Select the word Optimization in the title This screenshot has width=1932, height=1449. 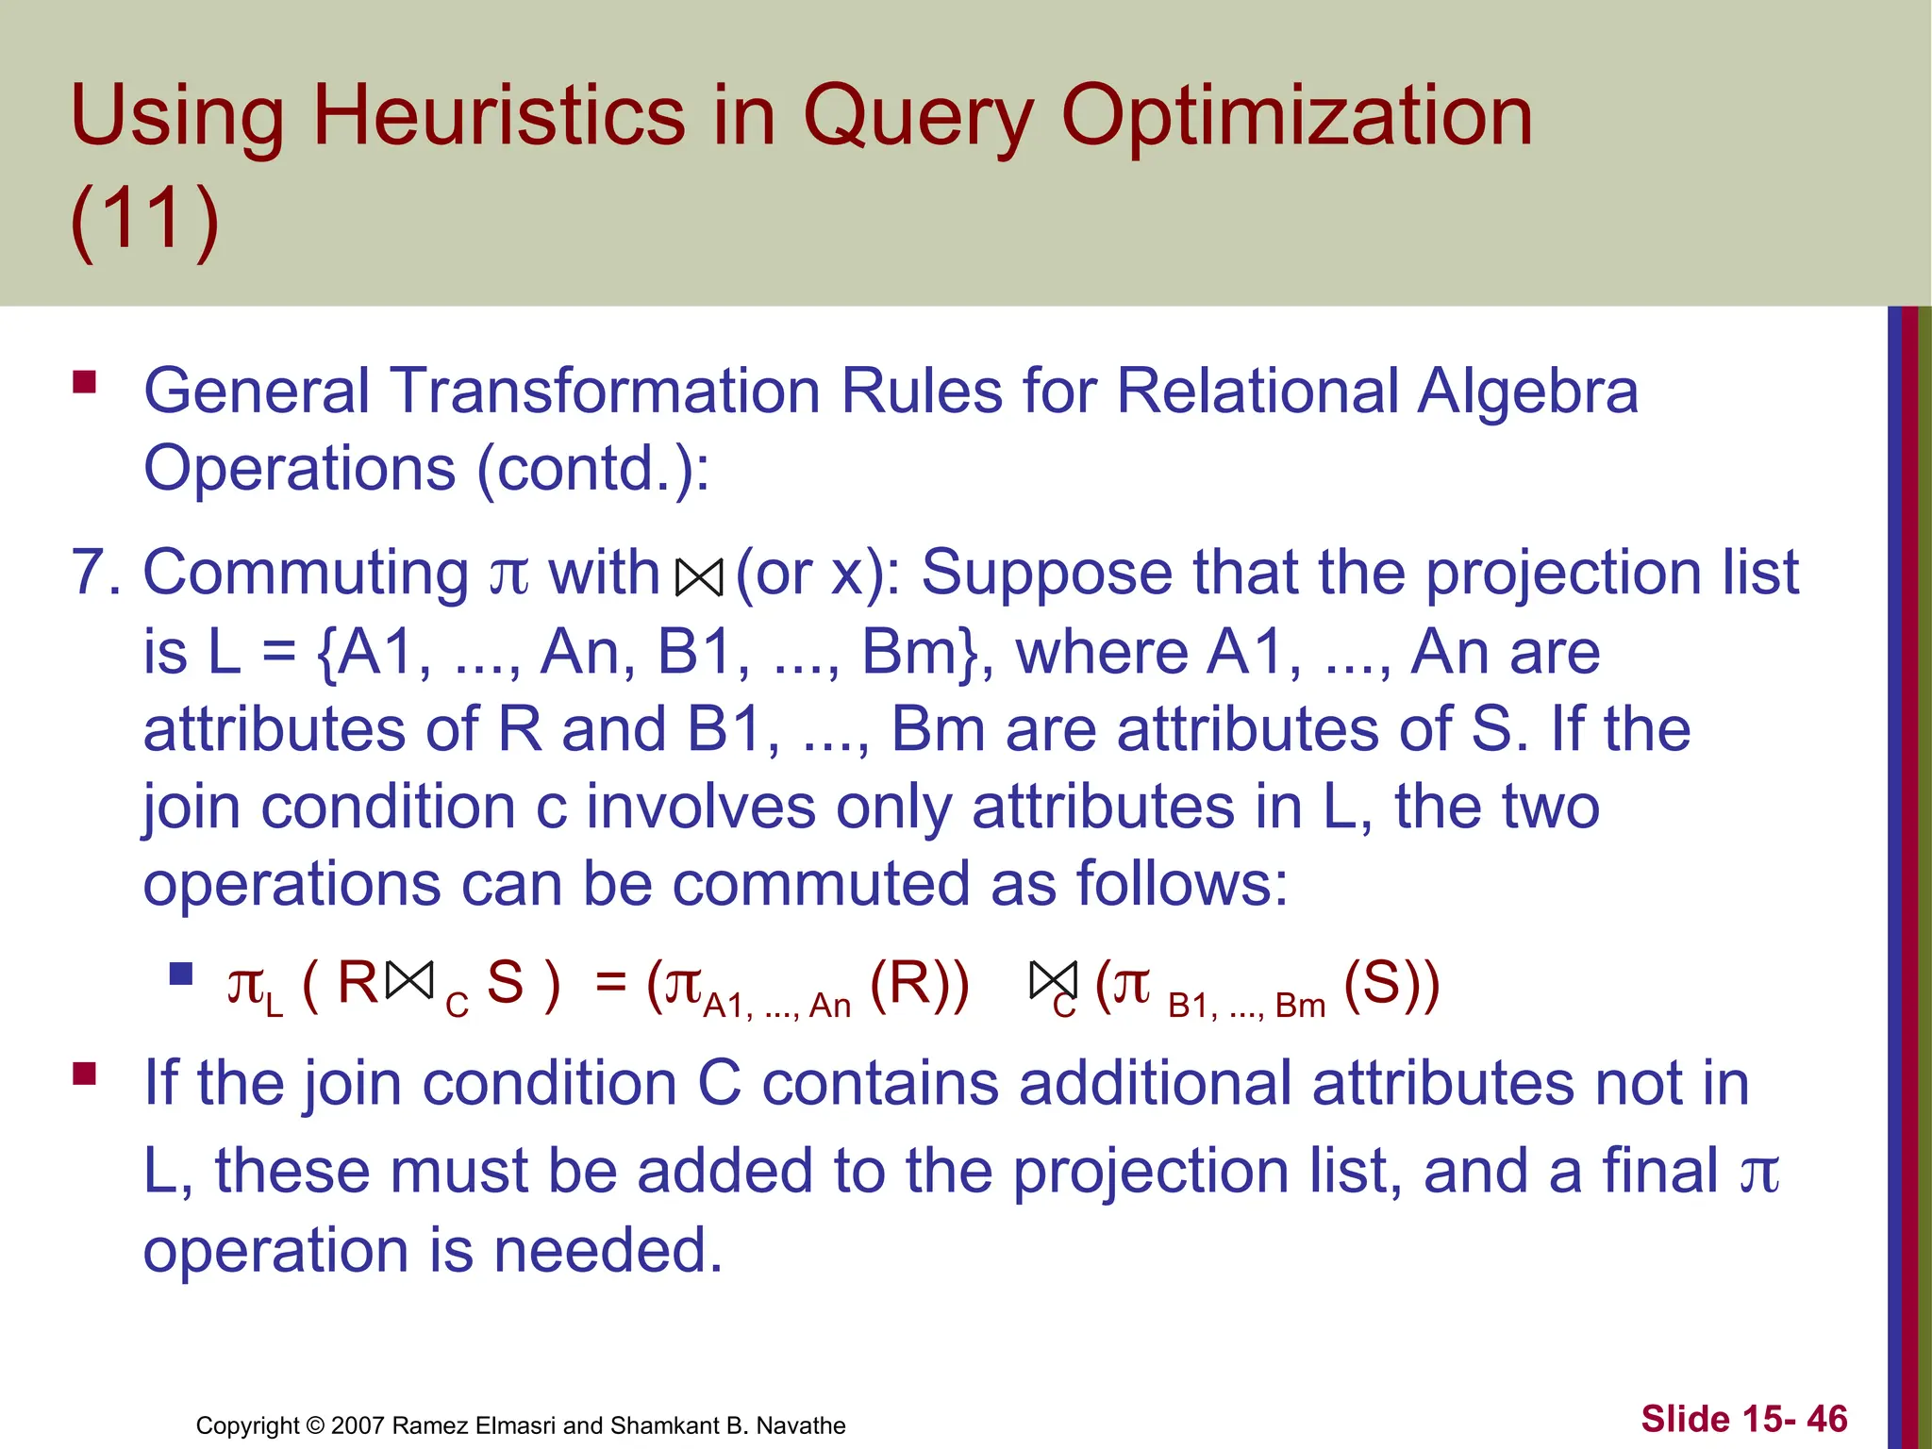pos(1297,117)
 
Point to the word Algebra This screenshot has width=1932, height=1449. pos(1527,391)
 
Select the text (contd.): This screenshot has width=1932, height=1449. pos(592,468)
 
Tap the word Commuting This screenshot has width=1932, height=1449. pos(305,574)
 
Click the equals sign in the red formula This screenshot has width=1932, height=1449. pos(610,983)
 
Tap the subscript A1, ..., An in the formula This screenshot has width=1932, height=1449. pos(776,1006)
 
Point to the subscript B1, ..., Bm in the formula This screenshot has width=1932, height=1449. pos(1246,1007)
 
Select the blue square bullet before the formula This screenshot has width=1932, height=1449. pos(181,974)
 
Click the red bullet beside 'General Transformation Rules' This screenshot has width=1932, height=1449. pos(85,382)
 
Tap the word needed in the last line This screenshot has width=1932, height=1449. pos(608,1250)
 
